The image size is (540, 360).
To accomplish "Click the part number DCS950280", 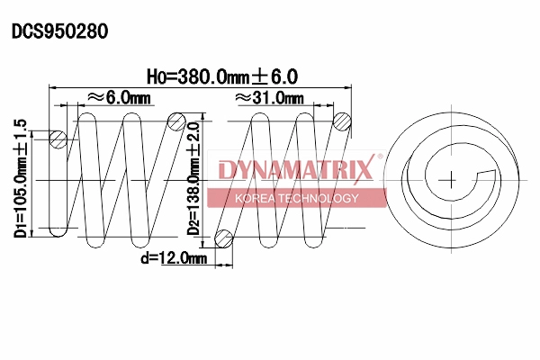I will click(x=59, y=31).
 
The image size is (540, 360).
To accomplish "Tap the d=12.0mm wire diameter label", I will click(x=174, y=259).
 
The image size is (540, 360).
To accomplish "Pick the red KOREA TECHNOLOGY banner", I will click(x=296, y=198).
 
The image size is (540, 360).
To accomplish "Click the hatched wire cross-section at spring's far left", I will click(x=58, y=139).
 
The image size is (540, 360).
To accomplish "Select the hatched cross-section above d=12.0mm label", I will click(x=224, y=238).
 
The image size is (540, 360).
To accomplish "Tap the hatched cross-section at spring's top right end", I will click(x=342, y=121).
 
